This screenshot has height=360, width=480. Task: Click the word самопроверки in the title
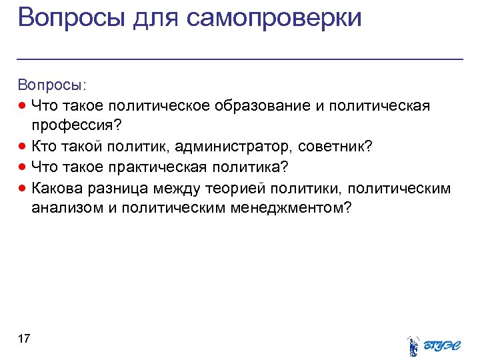pos(274,17)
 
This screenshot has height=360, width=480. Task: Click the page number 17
pos(24,339)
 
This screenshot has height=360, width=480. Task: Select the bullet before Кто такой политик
pos(23,147)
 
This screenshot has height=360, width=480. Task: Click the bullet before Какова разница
pos(23,188)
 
